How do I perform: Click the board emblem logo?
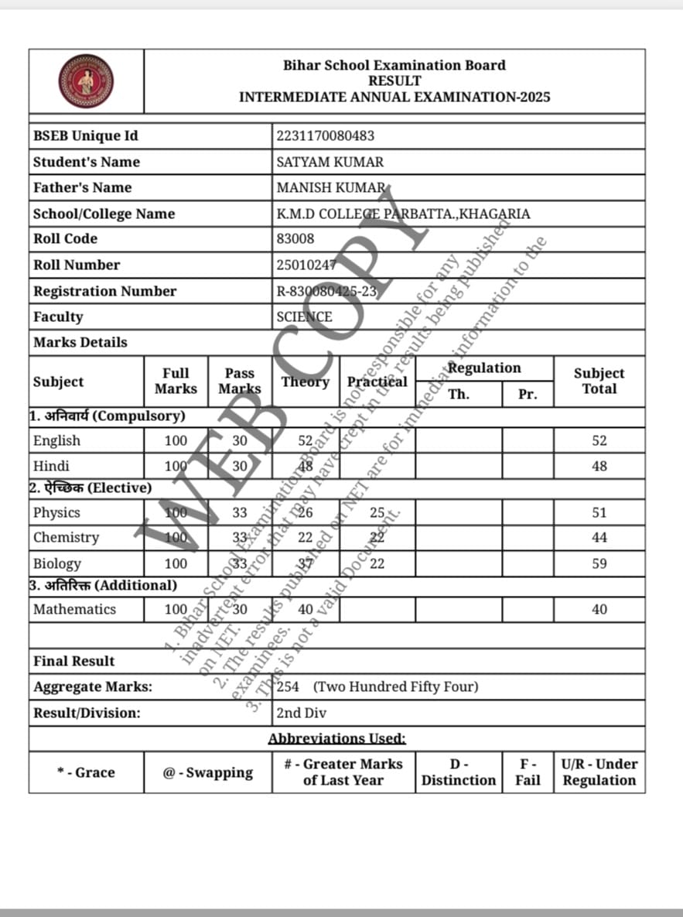(x=86, y=81)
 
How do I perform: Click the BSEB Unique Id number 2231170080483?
(x=326, y=136)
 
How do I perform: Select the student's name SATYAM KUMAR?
(x=330, y=162)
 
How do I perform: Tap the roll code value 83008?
(x=295, y=239)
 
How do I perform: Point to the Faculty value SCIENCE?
(x=305, y=317)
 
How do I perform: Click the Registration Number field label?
(x=104, y=291)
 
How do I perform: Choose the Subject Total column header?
(x=599, y=381)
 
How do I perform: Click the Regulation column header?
(x=484, y=368)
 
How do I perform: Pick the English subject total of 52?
(x=599, y=441)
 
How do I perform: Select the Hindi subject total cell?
(x=599, y=467)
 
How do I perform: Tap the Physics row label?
(x=56, y=512)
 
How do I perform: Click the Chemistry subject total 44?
(x=599, y=538)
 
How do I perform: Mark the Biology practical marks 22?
(x=377, y=563)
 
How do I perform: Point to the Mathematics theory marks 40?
(x=306, y=609)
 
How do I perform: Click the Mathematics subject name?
(x=74, y=609)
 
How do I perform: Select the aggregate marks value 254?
(x=288, y=686)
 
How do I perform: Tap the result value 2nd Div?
(x=302, y=713)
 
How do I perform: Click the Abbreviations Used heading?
(x=336, y=739)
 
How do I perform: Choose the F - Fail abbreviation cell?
(x=528, y=772)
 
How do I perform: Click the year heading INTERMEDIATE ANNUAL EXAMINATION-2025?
(x=394, y=97)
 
